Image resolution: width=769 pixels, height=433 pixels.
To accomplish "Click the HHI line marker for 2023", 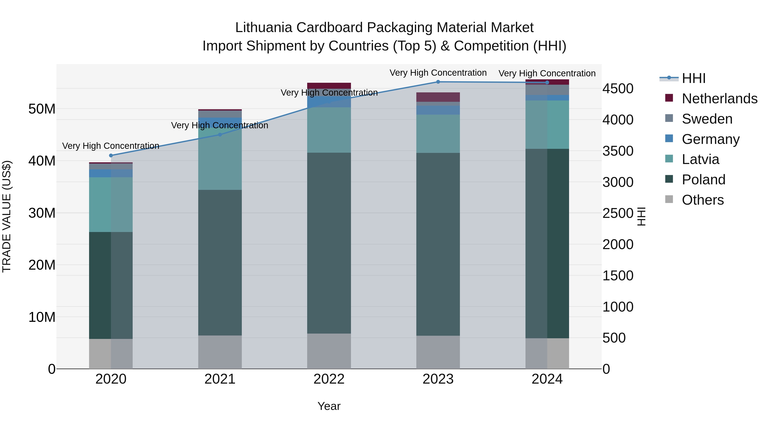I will tap(438, 82).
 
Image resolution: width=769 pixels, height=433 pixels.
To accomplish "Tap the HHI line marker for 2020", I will tap(111, 155).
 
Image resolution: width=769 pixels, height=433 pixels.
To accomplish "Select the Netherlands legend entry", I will tap(719, 99).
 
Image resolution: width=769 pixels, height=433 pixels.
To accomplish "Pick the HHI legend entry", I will tap(693, 78).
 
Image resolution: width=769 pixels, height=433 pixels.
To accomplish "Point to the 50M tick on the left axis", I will tap(42, 109).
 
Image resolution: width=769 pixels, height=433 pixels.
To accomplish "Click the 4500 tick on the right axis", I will tap(618, 89).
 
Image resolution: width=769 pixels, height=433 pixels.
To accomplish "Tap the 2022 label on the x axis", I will tap(329, 379).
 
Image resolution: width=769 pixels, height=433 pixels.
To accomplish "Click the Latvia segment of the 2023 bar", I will tap(438, 134).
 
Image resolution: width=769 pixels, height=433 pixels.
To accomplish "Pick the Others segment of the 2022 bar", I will tap(329, 351).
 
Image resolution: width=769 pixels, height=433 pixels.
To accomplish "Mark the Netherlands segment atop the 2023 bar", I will tap(438, 97).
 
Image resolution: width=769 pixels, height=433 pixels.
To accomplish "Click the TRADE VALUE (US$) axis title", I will tap(7, 216).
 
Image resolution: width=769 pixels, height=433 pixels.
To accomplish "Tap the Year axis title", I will tap(329, 406).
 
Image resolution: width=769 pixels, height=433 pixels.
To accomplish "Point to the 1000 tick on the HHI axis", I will tap(618, 307).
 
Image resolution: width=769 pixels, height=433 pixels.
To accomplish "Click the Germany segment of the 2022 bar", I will tap(329, 102).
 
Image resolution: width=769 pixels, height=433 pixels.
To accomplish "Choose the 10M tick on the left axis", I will tap(42, 317).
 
